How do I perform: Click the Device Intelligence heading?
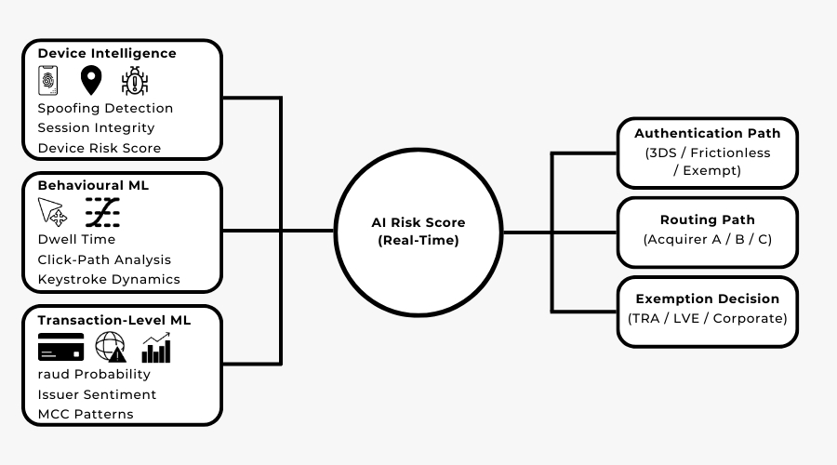pyautogui.click(x=107, y=54)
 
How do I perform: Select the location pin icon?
pyautogui.click(x=90, y=81)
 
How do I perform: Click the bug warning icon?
pyautogui.click(x=135, y=82)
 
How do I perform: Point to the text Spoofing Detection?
pyautogui.click(x=105, y=108)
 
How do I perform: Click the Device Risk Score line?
pyautogui.click(x=99, y=148)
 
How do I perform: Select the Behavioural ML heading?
pyautogui.click(x=93, y=186)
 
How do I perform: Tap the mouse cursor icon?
pyautogui.click(x=52, y=213)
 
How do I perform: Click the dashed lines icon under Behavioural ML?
pyautogui.click(x=102, y=213)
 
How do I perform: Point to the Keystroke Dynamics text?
pyautogui.click(x=109, y=279)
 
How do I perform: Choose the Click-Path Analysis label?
pyautogui.click(x=104, y=259)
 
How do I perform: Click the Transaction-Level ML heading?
pyautogui.click(x=114, y=320)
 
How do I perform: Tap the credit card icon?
pyautogui.click(x=60, y=348)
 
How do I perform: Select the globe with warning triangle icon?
pyautogui.click(x=110, y=348)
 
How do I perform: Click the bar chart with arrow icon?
pyautogui.click(x=156, y=348)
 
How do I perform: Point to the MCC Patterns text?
pyautogui.click(x=86, y=414)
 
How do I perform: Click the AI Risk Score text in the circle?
pyautogui.click(x=418, y=223)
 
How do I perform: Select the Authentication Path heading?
pyautogui.click(x=708, y=134)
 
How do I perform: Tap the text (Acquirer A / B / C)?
pyautogui.click(x=708, y=240)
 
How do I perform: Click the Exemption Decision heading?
pyautogui.click(x=708, y=299)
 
